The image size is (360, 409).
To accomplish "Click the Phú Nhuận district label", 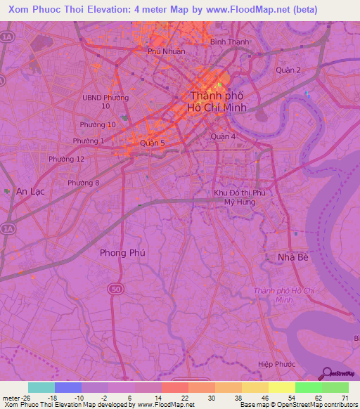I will click(165, 51).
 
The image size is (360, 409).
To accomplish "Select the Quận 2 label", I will click(288, 70).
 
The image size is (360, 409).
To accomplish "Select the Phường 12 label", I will click(66, 160).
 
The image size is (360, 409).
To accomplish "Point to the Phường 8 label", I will click(84, 183).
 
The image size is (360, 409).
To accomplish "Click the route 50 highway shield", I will click(114, 288).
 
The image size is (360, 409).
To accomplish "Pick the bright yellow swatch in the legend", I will click(281, 387).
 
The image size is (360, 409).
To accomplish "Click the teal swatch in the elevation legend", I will click(41, 387).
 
